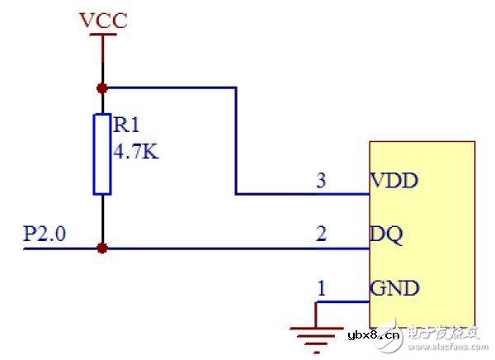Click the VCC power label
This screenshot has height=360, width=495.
click(x=102, y=20)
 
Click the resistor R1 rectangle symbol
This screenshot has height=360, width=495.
click(x=102, y=154)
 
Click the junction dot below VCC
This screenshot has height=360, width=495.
click(x=102, y=87)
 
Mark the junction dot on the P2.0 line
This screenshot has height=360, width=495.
click(x=102, y=247)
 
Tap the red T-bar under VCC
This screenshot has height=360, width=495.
click(x=102, y=40)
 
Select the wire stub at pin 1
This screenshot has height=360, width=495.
click(x=342, y=303)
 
